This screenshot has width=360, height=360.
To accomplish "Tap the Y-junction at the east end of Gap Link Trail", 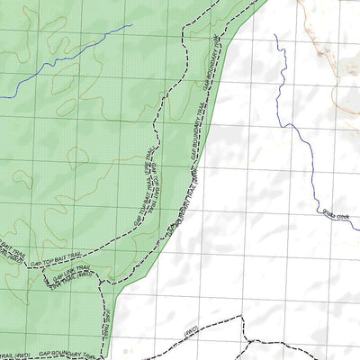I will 100,283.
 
